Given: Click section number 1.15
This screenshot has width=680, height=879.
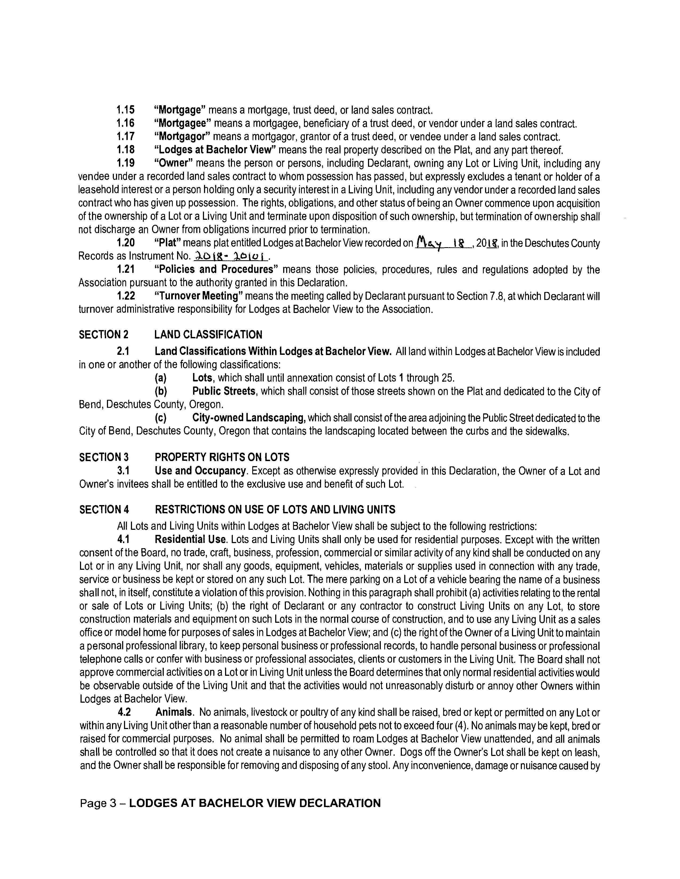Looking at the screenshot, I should click(x=125, y=110).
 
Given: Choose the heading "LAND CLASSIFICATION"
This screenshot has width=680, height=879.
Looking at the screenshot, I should click(x=208, y=335).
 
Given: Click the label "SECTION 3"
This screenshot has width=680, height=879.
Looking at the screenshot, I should click(x=104, y=457).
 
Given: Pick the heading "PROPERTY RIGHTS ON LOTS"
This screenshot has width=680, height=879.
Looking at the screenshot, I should click(x=222, y=457).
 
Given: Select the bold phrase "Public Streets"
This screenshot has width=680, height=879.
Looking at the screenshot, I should click(x=223, y=391).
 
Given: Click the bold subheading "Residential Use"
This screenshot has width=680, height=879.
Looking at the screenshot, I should click(x=191, y=539).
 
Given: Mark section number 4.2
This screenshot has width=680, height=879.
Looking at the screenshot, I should click(x=124, y=712).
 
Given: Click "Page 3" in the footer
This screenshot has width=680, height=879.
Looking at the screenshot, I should click(x=98, y=804).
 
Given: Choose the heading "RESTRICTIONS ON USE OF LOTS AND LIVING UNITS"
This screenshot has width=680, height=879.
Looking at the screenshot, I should click(x=275, y=510).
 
